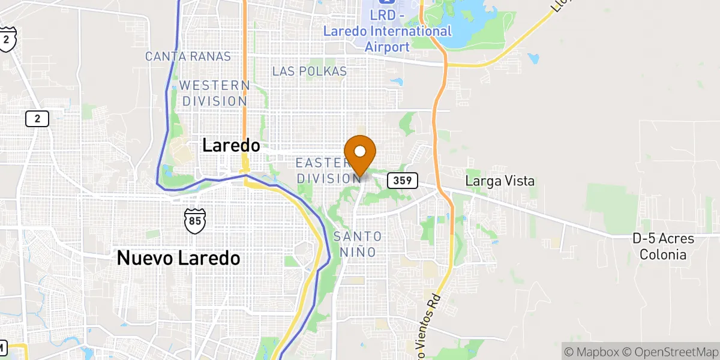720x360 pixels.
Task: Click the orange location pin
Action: tap(360, 157)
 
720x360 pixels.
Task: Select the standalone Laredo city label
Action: tap(231, 145)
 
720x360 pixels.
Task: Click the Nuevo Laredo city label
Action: tap(178, 258)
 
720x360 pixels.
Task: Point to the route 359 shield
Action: tap(402, 180)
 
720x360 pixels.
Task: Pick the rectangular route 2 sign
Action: tap(37, 119)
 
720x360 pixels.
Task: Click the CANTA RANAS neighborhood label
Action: tap(188, 56)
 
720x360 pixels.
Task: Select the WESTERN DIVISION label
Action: tap(214, 93)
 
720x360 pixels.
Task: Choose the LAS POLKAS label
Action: tap(309, 71)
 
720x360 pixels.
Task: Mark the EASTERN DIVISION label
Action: tap(327, 170)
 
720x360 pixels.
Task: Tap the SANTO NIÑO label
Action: tap(358, 244)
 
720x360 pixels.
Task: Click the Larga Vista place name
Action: tap(500, 181)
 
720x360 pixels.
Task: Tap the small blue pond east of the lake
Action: tap(534, 59)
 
